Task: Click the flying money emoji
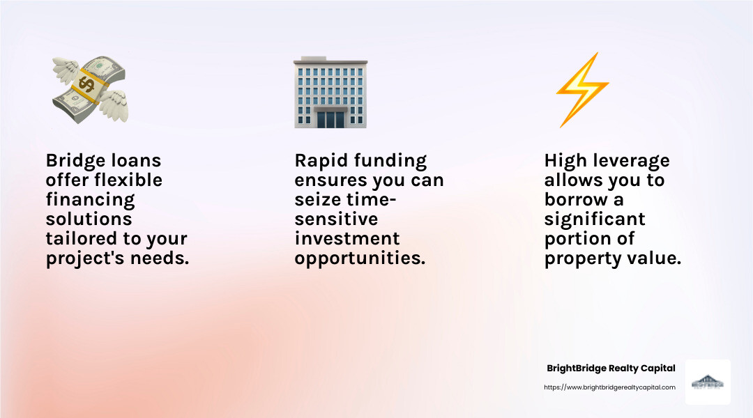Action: [90, 90]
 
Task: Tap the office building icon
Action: [330, 93]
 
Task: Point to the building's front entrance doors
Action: [330, 118]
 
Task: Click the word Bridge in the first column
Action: [73, 161]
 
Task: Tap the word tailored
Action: [79, 239]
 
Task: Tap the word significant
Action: [595, 219]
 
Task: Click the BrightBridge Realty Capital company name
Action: [611, 369]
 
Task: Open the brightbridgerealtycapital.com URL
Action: [609, 387]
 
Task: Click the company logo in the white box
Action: [708, 382]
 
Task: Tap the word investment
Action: [347, 239]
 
